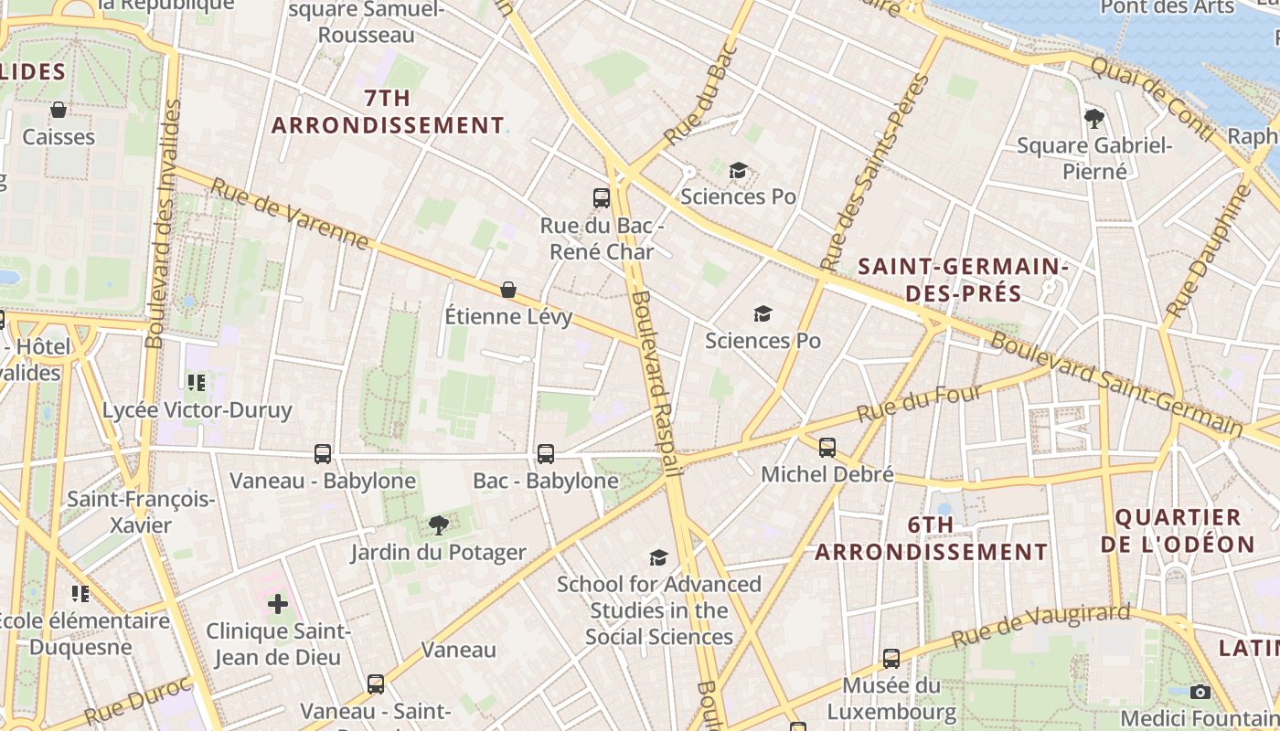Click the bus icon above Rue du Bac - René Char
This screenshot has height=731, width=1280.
[x=601, y=197]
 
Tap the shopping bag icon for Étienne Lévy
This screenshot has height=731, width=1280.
[x=508, y=290]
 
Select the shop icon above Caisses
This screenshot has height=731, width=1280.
[x=59, y=110]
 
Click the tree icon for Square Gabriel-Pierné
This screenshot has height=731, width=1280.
[x=1093, y=118]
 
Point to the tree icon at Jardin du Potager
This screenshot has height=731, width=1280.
[x=439, y=524]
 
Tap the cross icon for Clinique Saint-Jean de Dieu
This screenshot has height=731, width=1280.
[x=278, y=603]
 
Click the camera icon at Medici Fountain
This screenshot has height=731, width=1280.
[x=1201, y=692]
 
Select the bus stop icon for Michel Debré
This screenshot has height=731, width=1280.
[x=827, y=447]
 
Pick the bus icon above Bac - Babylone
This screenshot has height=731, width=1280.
[x=546, y=453]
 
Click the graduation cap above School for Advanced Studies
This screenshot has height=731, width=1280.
[x=658, y=557]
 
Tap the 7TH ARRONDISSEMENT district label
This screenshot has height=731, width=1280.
[x=388, y=111]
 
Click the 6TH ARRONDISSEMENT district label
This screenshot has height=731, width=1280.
[x=931, y=538]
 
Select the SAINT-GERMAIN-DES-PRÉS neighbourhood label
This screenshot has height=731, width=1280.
[x=963, y=280]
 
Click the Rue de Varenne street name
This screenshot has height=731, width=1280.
[x=290, y=214]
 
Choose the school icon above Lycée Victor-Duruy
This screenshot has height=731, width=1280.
[x=196, y=382]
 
